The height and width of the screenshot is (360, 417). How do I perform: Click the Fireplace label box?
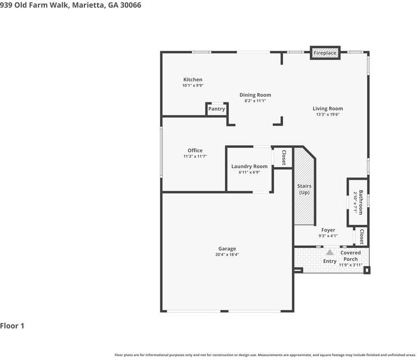click(x=325, y=53)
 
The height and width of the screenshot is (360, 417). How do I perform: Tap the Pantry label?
click(x=216, y=109)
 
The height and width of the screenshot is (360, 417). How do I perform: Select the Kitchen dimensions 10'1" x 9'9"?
click(x=193, y=85)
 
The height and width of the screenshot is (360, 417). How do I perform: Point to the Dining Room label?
click(x=255, y=95)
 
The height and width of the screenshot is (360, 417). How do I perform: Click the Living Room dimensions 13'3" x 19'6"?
click(x=327, y=114)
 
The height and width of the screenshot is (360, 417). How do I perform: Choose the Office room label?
click(x=195, y=151)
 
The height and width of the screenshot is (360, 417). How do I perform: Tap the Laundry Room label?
click(x=249, y=167)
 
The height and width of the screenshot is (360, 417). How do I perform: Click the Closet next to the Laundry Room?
click(x=283, y=158)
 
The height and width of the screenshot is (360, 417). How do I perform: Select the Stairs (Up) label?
click(x=304, y=189)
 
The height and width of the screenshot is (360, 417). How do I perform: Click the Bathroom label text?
click(x=360, y=202)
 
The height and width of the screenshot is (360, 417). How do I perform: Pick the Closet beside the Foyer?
click(x=362, y=236)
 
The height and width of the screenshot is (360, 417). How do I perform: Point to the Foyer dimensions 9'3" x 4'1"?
click(x=328, y=236)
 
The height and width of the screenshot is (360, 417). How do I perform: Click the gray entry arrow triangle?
click(x=330, y=252)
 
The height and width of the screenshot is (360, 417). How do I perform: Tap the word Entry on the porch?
click(x=330, y=261)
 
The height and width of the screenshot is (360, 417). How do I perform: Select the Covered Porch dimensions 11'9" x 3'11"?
click(x=351, y=265)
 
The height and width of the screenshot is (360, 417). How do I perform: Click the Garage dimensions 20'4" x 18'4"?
click(x=227, y=254)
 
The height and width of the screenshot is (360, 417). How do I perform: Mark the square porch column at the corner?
click(x=367, y=270)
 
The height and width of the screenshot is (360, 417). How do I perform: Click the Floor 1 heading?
click(x=12, y=326)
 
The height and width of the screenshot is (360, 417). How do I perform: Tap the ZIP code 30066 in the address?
click(x=131, y=5)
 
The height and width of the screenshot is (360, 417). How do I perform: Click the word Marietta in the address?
click(x=88, y=5)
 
